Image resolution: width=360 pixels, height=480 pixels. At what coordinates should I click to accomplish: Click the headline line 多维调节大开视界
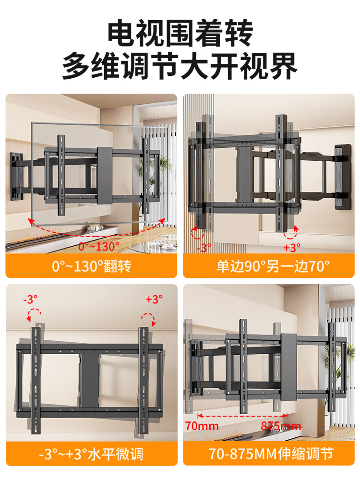coord(180,67)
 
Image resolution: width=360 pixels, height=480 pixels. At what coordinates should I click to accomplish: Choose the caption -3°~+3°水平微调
coord(91,453)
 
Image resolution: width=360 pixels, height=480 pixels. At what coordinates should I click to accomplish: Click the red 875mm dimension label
coord(281,426)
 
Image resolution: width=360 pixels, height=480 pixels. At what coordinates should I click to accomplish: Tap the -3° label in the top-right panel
coord(204,248)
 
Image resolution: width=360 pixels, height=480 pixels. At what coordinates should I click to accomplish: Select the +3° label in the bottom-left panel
coord(154,299)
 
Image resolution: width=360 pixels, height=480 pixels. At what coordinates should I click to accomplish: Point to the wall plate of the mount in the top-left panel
coord(15,176)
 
